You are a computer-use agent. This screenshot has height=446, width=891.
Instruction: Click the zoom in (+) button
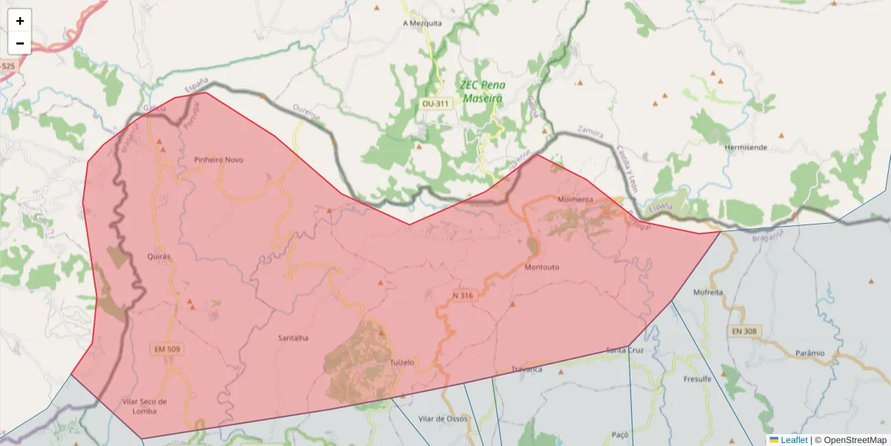click(20, 21)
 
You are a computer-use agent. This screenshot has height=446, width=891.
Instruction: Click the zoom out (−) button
click(20, 43)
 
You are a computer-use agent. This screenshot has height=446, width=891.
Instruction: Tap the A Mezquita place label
click(422, 23)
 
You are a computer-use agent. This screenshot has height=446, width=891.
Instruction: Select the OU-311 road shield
click(435, 103)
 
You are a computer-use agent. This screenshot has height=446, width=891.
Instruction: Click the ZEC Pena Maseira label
click(482, 91)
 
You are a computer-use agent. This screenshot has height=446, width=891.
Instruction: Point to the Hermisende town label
click(745, 147)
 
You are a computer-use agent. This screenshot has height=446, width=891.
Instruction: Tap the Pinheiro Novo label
click(218, 160)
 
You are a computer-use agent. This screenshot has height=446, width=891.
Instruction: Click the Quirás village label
click(160, 256)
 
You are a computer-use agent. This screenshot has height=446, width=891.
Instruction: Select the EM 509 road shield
click(166, 348)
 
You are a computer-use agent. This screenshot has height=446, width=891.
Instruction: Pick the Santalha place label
click(293, 338)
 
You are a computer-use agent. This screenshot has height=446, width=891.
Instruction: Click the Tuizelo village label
click(402, 362)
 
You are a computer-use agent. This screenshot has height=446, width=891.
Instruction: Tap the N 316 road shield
click(463, 295)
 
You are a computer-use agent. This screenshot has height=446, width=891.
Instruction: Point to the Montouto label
click(541, 267)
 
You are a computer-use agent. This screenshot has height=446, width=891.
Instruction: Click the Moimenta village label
click(575, 200)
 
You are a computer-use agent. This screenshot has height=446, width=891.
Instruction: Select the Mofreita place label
click(708, 292)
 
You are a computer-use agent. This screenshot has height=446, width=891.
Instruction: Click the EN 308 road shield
click(744, 329)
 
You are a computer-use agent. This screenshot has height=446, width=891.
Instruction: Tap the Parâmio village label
click(810, 352)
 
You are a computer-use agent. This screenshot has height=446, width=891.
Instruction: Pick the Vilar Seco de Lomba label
click(143, 406)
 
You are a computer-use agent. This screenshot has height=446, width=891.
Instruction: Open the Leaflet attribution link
click(794, 440)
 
